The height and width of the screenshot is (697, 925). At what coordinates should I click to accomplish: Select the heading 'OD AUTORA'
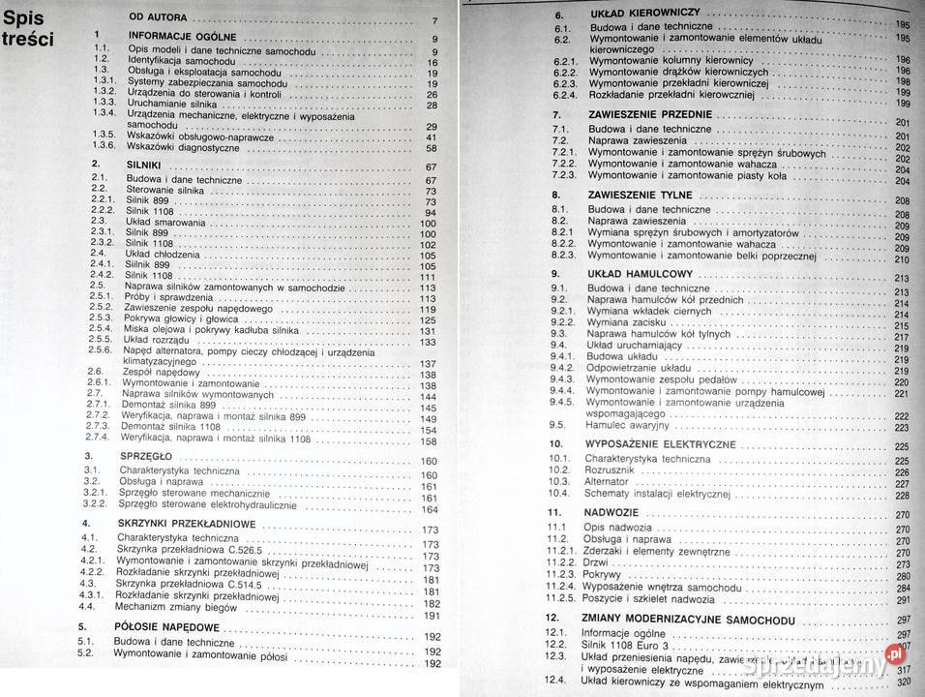[164, 20]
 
